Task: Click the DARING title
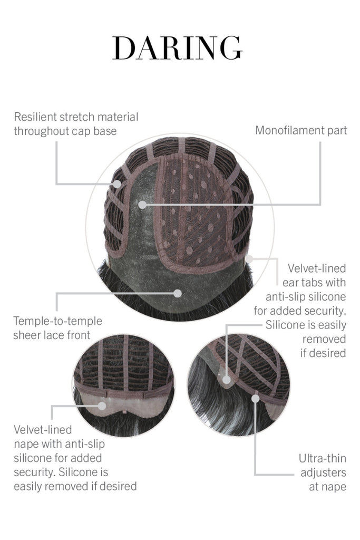pyautogui.click(x=177, y=48)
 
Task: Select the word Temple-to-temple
pyautogui.click(x=58, y=321)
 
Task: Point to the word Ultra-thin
pyautogui.click(x=323, y=458)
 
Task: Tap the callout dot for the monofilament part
pyautogui.click(x=142, y=205)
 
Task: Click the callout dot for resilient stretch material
pyautogui.click(x=118, y=184)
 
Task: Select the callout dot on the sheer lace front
pyautogui.click(x=178, y=293)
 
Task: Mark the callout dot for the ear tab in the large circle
pyautogui.click(x=250, y=258)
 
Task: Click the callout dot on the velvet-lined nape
pyautogui.click(x=102, y=406)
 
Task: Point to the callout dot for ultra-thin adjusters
pyautogui.click(x=255, y=399)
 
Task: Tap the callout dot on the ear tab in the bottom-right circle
pyautogui.click(x=227, y=380)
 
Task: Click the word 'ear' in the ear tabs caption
pyautogui.click(x=290, y=283)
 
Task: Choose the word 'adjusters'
pyautogui.click(x=323, y=473)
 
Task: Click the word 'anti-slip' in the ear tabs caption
pyautogui.click(x=286, y=297)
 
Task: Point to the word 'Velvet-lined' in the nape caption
pyautogui.click(x=43, y=430)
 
